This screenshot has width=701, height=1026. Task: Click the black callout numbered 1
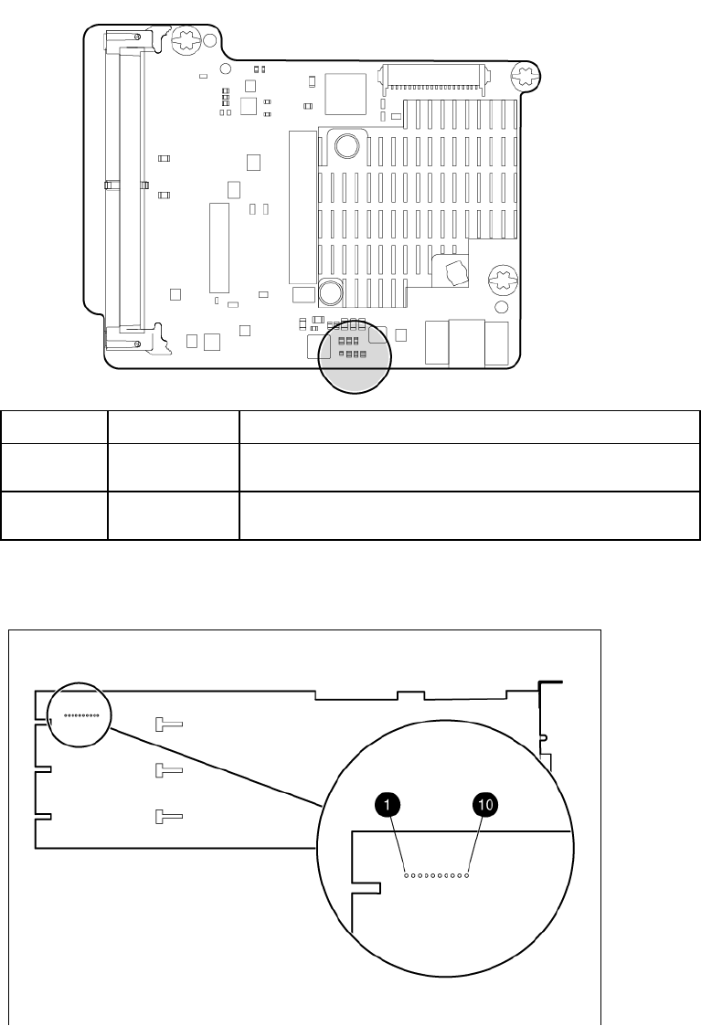388,805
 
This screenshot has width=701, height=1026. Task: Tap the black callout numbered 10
483,805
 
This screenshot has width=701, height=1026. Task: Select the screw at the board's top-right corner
526,75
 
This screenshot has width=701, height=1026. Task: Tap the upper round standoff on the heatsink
346,146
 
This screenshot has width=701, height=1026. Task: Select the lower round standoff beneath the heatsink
330,293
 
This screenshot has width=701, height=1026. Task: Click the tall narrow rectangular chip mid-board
218,245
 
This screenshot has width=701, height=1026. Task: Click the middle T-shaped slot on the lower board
169,770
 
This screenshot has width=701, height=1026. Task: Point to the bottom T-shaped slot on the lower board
169,815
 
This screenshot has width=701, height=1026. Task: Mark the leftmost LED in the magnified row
407,875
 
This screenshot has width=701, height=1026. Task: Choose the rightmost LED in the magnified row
467,875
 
